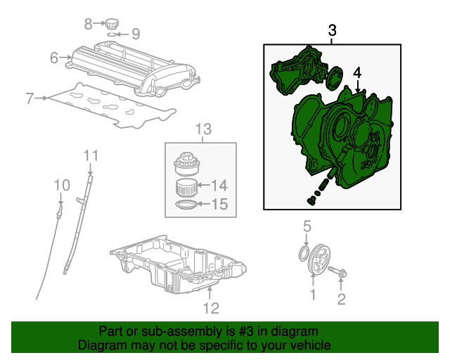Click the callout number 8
(88, 24)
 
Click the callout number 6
(54, 58)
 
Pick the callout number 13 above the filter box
(203, 129)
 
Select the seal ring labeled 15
(186, 205)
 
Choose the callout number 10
(63, 184)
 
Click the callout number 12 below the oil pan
(211, 308)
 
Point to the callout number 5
(307, 226)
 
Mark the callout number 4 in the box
(357, 72)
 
